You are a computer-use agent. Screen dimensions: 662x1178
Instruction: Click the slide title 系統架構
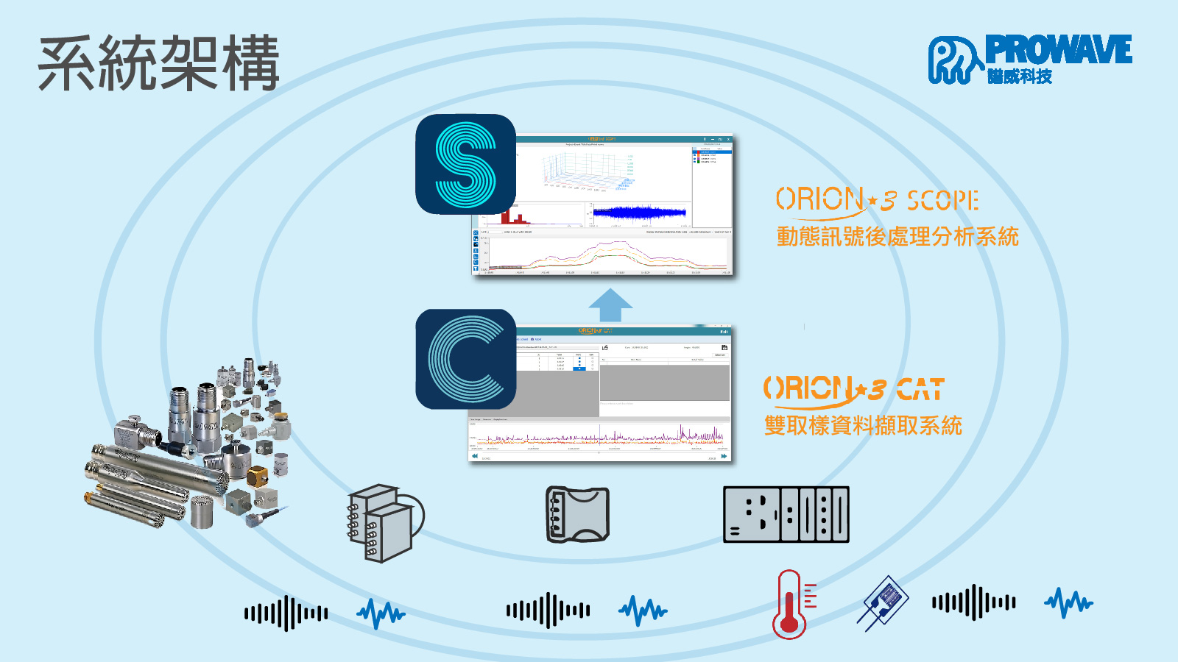point(158,63)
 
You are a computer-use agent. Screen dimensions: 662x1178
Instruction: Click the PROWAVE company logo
point(1029,59)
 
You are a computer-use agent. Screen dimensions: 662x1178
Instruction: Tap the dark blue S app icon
point(465,164)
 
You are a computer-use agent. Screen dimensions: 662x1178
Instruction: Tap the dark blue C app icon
point(465,359)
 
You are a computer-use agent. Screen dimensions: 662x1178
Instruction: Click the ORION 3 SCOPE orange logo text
point(876,200)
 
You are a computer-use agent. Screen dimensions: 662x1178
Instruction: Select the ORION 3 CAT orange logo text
point(853,389)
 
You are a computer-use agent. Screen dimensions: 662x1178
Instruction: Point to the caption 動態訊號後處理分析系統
point(897,237)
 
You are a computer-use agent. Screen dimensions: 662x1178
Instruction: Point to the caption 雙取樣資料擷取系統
point(863,425)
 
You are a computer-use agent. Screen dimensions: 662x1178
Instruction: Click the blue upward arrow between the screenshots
point(610,305)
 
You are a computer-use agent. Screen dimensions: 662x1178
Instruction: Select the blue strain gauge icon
point(883,602)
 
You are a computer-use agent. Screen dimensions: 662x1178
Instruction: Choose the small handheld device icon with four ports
point(577,514)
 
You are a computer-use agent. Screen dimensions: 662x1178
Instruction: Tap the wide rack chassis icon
point(786,514)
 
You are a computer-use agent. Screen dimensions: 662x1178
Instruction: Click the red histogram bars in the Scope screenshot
point(514,218)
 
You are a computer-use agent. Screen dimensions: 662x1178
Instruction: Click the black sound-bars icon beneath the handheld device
point(548,611)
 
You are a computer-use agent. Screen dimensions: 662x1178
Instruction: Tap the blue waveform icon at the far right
point(1068,603)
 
